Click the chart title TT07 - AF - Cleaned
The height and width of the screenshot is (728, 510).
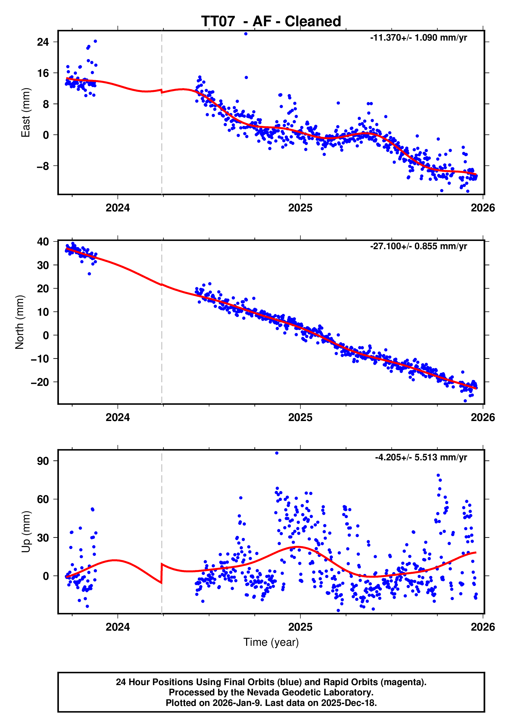click(x=271, y=22)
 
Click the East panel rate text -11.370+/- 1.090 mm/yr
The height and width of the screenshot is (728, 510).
click(x=418, y=38)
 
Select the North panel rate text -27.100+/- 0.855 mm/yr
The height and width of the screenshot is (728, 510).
click(x=418, y=246)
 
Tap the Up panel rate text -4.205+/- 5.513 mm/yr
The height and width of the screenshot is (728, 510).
click(x=420, y=457)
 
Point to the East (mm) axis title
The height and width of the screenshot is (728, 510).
click(x=26, y=113)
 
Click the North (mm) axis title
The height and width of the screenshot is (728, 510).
click(x=20, y=322)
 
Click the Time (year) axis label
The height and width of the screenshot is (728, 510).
click(x=271, y=642)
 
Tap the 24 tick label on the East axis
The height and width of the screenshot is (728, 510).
click(x=43, y=42)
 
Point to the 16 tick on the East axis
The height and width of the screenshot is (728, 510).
click(x=43, y=73)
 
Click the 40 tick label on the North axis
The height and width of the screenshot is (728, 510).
click(x=43, y=242)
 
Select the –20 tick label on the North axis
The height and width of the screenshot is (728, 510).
click(x=40, y=382)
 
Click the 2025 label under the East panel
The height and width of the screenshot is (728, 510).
click(x=300, y=208)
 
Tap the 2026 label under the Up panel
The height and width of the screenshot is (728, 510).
click(x=482, y=627)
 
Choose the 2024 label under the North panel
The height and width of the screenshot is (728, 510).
click(x=118, y=417)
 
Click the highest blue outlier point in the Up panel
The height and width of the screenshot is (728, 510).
click(x=277, y=453)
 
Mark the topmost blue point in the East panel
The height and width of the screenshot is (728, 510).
click(x=246, y=34)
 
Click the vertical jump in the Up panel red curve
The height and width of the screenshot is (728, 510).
click(x=162, y=573)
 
